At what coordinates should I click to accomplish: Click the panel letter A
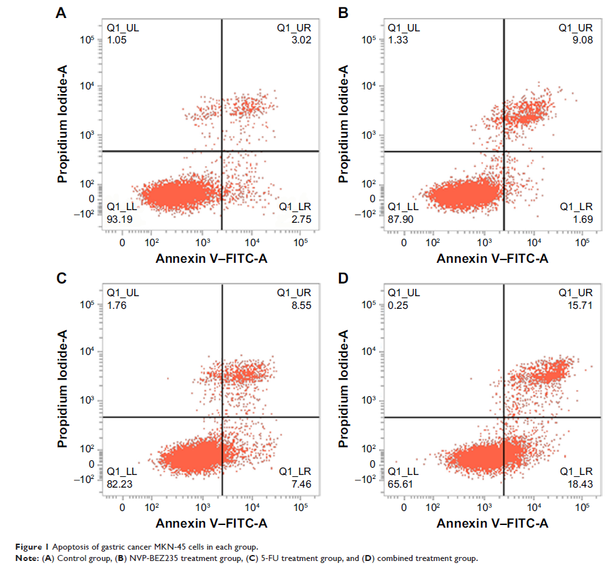click(61, 12)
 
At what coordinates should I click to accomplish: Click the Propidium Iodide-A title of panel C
click(63, 391)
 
